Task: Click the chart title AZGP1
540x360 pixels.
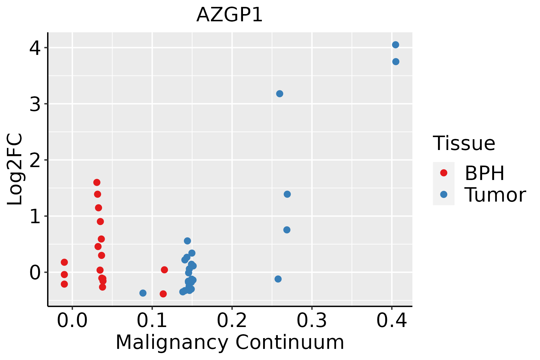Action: (229, 15)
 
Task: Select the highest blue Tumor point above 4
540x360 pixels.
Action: (395, 45)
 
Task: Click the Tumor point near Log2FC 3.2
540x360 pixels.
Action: (279, 94)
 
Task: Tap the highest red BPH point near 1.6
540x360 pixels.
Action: (97, 182)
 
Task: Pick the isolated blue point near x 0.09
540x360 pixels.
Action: (143, 293)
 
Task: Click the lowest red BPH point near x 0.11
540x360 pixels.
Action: (163, 294)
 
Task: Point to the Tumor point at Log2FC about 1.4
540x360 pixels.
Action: (287, 194)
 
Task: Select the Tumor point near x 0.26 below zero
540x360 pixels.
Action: (278, 279)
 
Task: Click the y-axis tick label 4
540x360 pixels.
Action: (35, 48)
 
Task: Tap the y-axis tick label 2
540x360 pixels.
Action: (35, 160)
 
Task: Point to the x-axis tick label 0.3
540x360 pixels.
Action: (312, 321)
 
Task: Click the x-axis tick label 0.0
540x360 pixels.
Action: (72, 321)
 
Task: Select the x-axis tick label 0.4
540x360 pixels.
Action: (391, 321)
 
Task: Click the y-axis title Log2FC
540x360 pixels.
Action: (15, 169)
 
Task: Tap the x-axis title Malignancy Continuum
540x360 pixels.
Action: (230, 343)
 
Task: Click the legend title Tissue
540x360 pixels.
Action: (464, 143)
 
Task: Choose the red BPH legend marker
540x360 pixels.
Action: (443, 173)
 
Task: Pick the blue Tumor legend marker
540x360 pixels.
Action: (443, 194)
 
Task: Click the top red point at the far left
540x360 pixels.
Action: (64, 262)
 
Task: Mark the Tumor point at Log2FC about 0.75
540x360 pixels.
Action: (287, 230)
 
